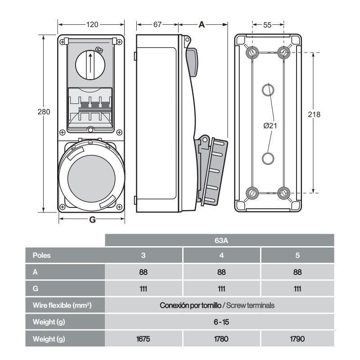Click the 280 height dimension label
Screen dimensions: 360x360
[x=44, y=112]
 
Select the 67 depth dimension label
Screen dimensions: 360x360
[x=157, y=25]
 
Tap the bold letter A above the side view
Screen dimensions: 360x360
[x=202, y=25]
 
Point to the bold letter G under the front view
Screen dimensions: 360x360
[x=92, y=220]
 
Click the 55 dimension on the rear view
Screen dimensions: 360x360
[x=267, y=25]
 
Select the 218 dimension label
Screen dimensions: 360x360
[x=314, y=114]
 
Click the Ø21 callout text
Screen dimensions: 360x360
[x=270, y=126]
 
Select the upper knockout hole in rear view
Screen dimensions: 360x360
[x=268, y=90]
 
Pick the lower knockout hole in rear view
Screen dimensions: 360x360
[x=268, y=158]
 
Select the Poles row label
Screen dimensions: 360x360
[x=42, y=256]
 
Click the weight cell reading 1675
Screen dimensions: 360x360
[x=144, y=338]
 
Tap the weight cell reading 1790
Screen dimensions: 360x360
[x=297, y=338]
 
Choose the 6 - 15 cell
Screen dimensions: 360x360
[x=220, y=322]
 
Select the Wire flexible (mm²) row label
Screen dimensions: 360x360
[x=63, y=305]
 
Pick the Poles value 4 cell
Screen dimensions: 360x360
[x=221, y=256]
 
